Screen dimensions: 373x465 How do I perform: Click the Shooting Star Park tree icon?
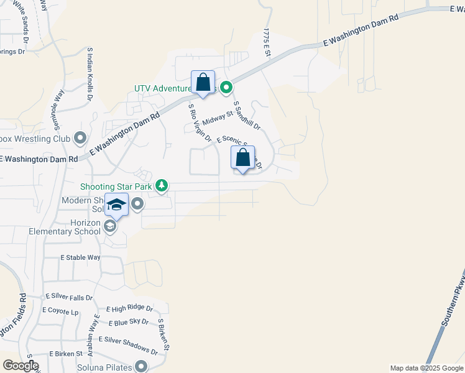click(162, 185)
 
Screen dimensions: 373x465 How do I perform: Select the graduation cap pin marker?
click(116, 205)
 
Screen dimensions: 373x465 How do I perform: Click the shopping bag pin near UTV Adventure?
click(203, 82)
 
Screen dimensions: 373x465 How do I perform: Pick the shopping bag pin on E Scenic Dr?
click(242, 158)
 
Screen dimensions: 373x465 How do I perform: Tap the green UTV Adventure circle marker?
click(227, 88)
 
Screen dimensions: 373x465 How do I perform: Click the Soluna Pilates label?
click(106, 367)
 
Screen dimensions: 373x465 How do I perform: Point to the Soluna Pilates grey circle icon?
click(142, 367)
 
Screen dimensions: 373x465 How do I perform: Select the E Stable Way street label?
click(80, 257)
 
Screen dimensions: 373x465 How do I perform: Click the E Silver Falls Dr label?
click(69, 298)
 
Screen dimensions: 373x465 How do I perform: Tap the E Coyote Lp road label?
click(60, 310)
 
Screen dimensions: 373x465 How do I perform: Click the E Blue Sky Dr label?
click(128, 322)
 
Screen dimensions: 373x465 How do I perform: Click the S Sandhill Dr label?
click(246, 116)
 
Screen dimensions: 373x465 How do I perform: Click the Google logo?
click(20, 366)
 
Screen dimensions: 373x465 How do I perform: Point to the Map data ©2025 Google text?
click(426, 368)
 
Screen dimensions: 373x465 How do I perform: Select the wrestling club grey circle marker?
click(80, 137)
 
